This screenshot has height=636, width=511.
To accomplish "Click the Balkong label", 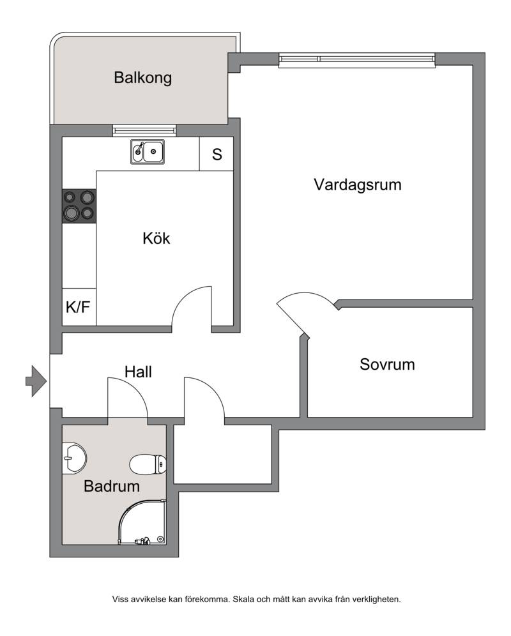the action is (143, 78).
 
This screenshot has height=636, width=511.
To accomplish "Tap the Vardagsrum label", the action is (358, 185).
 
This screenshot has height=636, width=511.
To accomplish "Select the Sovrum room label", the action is (387, 364).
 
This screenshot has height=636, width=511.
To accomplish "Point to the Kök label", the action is (156, 238).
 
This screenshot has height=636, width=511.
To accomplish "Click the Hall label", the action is (138, 372).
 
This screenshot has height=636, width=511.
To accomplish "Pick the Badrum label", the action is (112, 486).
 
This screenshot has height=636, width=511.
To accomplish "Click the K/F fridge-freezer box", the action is (79, 307).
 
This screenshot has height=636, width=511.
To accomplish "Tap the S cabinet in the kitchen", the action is (217, 154).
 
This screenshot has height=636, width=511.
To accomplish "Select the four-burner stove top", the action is (79, 206).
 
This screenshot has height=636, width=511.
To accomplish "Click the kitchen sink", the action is (148, 152).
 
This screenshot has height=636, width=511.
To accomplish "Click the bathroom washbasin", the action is (74, 458).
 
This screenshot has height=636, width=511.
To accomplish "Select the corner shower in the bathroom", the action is (142, 522).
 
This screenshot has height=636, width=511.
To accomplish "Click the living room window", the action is (357, 59).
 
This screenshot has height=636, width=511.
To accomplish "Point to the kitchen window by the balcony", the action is (144, 131).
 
